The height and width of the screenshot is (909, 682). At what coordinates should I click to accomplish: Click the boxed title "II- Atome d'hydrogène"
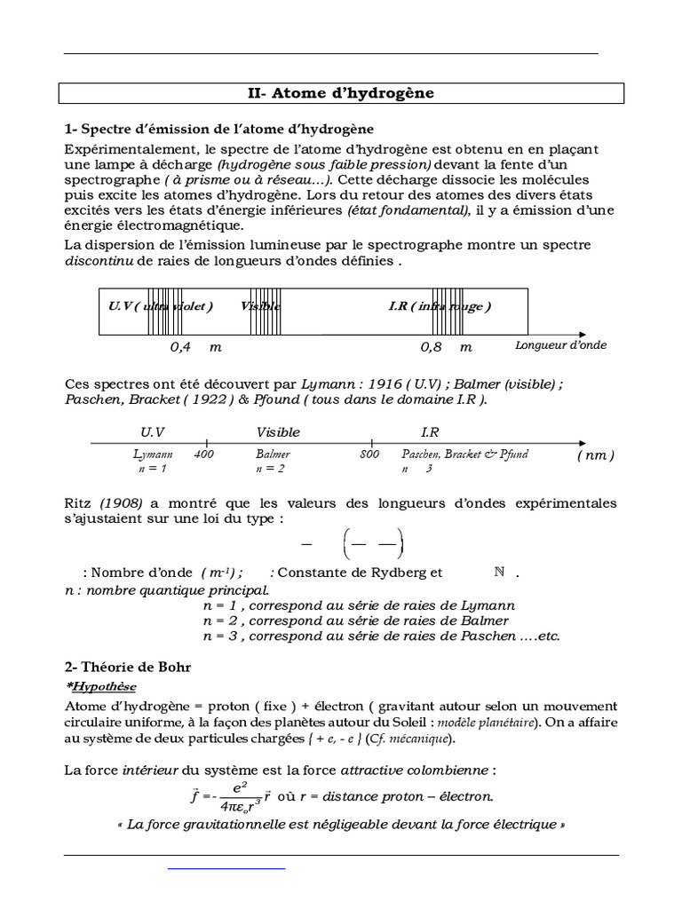(341, 93)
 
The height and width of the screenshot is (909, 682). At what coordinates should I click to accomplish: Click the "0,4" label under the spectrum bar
(181, 347)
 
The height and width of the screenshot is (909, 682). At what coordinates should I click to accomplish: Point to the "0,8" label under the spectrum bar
(432, 347)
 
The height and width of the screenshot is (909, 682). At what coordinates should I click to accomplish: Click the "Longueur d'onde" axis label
(560, 344)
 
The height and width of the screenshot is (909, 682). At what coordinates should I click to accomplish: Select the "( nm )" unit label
(595, 454)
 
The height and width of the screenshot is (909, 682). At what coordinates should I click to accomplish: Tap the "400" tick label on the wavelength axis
(203, 454)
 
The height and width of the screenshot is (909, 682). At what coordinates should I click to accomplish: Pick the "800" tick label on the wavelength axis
(369, 454)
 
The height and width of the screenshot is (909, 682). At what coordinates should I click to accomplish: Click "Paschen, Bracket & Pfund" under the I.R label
(464, 454)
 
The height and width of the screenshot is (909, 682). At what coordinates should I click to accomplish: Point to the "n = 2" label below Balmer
(270, 468)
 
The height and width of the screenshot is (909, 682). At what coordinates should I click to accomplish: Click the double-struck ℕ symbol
(499, 573)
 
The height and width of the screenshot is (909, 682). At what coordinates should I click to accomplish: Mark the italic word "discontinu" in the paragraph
(96, 261)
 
